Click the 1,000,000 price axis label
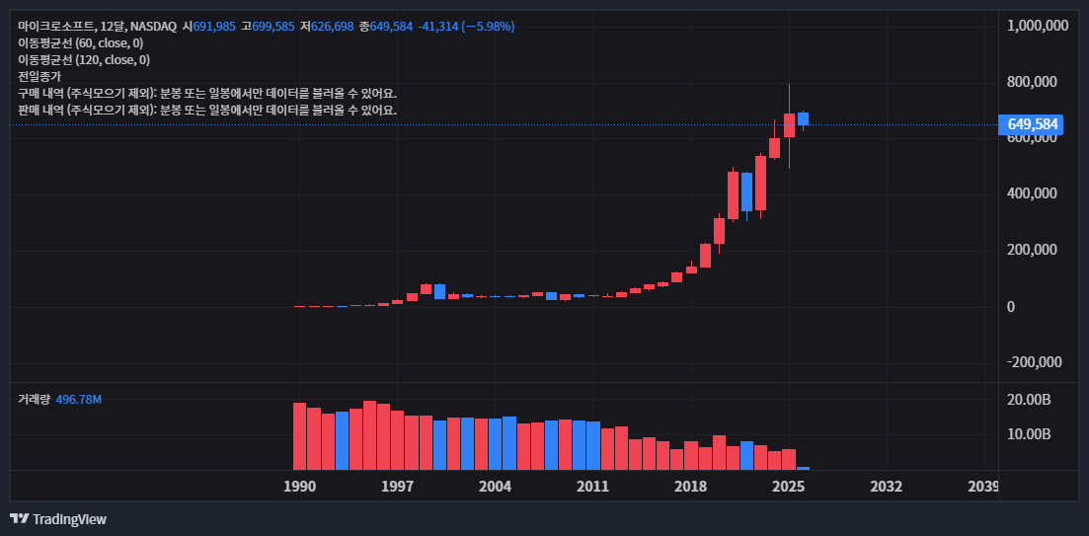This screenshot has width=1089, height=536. (1037, 26)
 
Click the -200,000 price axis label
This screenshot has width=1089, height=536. (1034, 362)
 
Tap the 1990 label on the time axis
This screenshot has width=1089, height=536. (299, 487)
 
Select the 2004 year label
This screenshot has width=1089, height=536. (495, 487)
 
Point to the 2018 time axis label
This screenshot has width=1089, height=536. (690, 487)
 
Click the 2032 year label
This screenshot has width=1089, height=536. (887, 487)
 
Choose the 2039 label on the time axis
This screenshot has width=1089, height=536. (982, 487)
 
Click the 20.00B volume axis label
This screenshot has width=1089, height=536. (1028, 400)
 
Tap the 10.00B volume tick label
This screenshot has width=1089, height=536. (1028, 434)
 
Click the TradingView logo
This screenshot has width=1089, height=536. (58, 519)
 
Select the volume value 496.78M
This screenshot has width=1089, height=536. (79, 400)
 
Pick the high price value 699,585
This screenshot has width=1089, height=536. (273, 26)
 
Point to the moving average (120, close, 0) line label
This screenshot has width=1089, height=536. (84, 59)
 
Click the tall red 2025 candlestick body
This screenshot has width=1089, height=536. (789, 125)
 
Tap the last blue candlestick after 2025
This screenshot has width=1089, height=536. (803, 118)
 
